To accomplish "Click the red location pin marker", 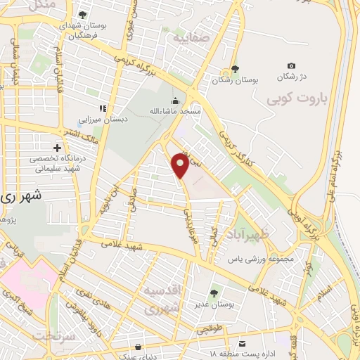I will [x=181, y=165].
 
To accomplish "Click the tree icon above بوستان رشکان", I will [x=236, y=70].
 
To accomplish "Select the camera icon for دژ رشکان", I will [x=292, y=65].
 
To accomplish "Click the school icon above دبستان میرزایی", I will [x=103, y=108].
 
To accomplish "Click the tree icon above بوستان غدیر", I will [x=214, y=293].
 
